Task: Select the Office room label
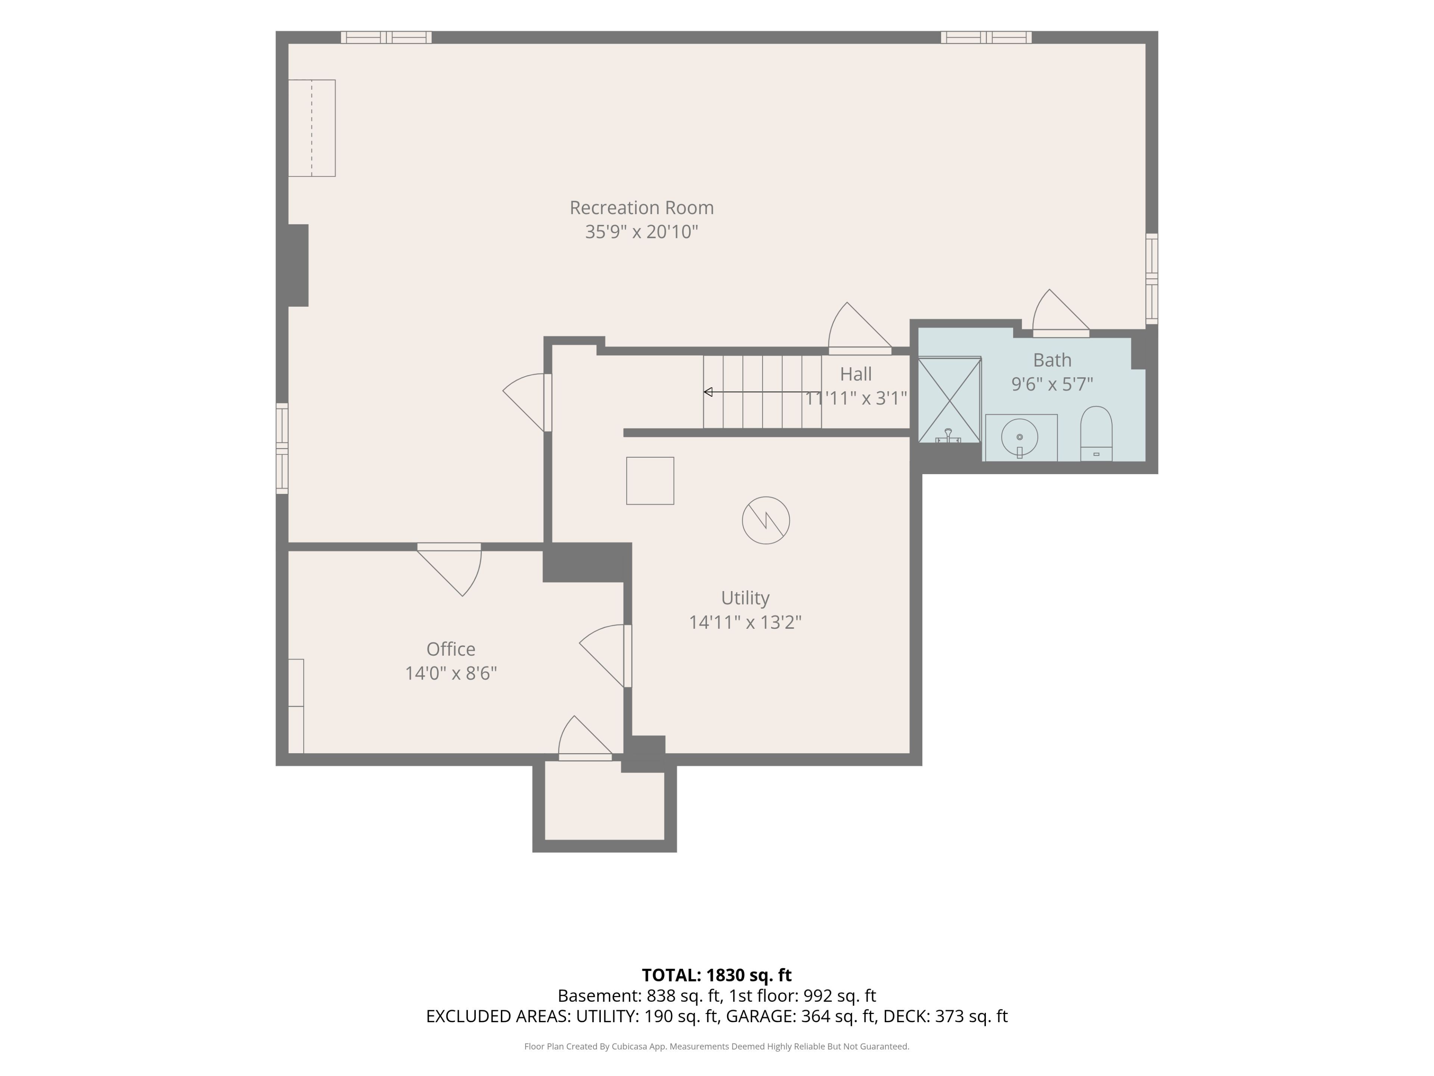click(451, 649)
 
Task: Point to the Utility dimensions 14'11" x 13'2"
click(745, 623)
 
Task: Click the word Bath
click(1052, 360)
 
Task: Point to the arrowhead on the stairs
click(708, 392)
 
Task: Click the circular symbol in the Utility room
click(766, 520)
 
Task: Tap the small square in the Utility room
click(650, 480)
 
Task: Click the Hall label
click(856, 374)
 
